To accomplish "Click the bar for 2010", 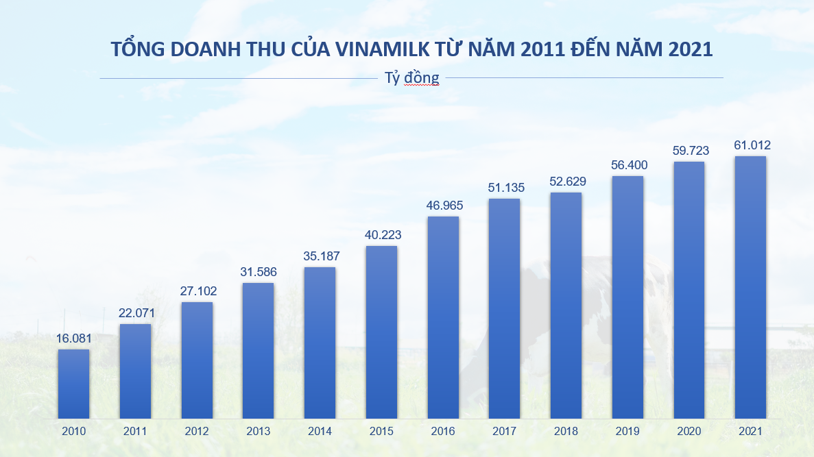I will pos(73,384).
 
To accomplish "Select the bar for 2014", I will pos(320,343).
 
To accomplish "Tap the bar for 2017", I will pos(504,308).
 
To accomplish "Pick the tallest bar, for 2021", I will pos(750,288).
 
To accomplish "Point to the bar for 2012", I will pos(197,360).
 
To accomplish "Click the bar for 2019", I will pos(627,297).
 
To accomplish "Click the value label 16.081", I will pos(73,338).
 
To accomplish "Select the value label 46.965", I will pos(443,206).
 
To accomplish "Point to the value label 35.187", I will pos(320,256).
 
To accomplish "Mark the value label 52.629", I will pos(566,182).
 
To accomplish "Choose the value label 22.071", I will pos(135,313).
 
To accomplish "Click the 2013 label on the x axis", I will pos(258,432).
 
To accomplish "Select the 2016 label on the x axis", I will pos(443,432).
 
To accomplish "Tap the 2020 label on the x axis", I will pos(689,432).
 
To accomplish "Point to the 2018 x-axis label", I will pos(566,432).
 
